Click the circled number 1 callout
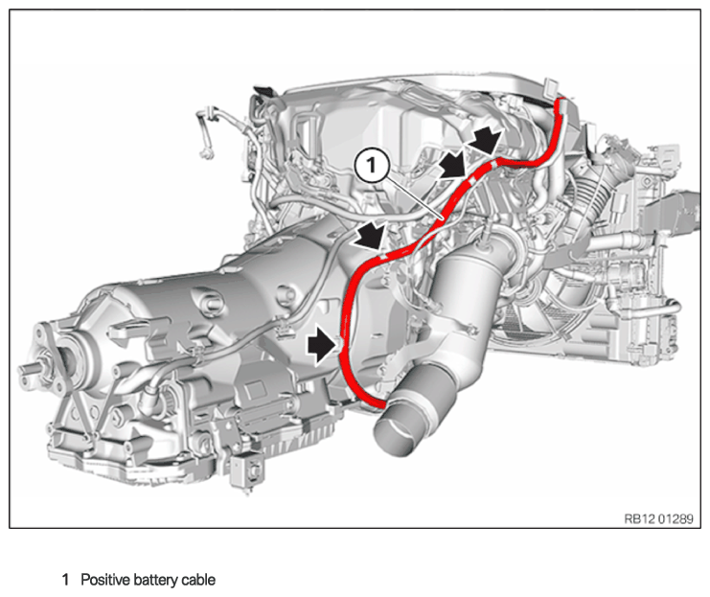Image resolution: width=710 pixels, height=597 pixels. tap(372, 166)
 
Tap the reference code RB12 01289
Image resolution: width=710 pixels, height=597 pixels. tap(658, 518)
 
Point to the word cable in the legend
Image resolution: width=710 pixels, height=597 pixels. tap(198, 580)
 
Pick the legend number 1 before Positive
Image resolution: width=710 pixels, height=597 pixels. tap(66, 580)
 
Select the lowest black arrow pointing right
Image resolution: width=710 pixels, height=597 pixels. tap(322, 345)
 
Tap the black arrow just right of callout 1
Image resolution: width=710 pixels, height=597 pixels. tap(454, 165)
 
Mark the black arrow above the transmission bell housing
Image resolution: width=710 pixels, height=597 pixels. tap(371, 237)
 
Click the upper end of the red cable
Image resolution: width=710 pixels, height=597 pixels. tap(561, 101)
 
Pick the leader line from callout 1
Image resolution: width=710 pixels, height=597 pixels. tap(413, 198)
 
